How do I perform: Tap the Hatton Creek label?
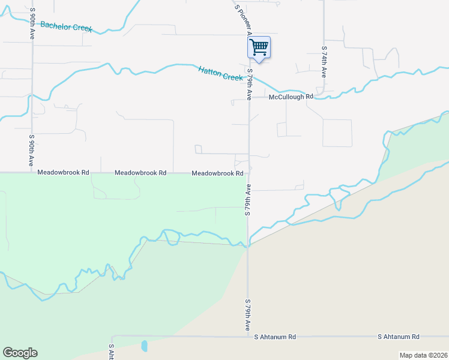pyautogui.click(x=220, y=73)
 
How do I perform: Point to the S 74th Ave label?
pyautogui.click(x=324, y=62)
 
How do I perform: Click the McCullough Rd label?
pyautogui.click(x=291, y=97)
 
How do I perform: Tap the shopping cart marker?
pyautogui.click(x=259, y=47)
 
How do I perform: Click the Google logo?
pyautogui.click(x=20, y=353)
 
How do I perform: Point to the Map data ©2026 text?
pyautogui.click(x=423, y=355)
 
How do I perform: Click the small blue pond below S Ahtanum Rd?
pyautogui.click(x=143, y=346)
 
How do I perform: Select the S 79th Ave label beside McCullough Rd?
pyautogui.click(x=249, y=85)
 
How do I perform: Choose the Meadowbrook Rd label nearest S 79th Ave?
pyautogui.click(x=217, y=173)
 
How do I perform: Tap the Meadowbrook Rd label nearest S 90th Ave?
pyautogui.click(x=63, y=172)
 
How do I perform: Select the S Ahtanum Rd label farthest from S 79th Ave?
pyautogui.click(x=399, y=337)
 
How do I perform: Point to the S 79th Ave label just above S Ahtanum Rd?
pyautogui.click(x=247, y=316)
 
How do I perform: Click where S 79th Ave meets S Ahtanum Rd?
pyautogui.click(x=247, y=337)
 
